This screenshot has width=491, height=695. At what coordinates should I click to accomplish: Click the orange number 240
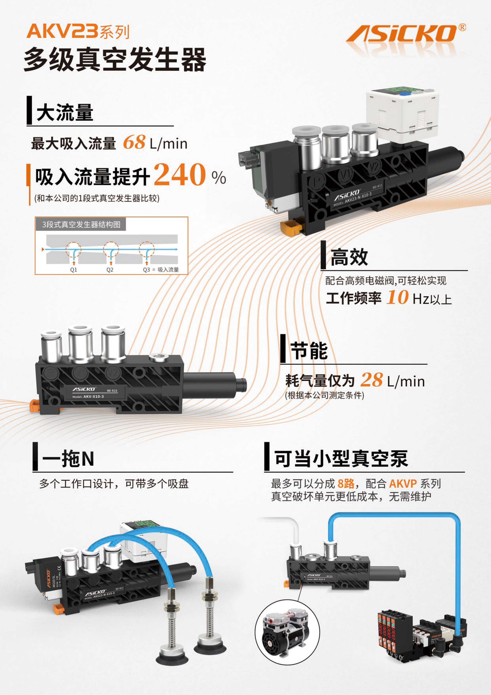tap(180, 175)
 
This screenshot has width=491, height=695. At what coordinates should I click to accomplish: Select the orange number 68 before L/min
tap(134, 142)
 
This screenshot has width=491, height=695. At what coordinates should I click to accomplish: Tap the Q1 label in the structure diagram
tap(73, 270)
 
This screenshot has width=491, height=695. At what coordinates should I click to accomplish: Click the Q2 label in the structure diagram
tap(110, 270)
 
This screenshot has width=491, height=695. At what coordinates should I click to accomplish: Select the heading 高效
tap(349, 257)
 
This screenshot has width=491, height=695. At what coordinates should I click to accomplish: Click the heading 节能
tap(309, 351)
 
